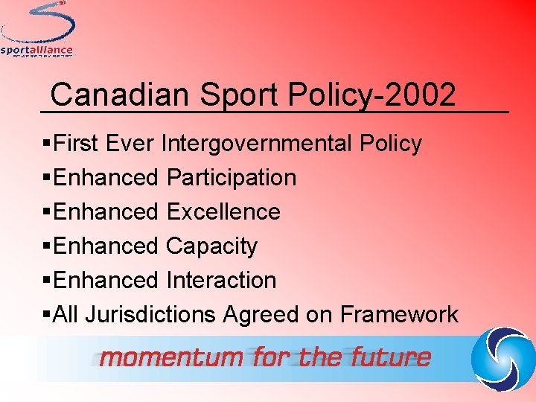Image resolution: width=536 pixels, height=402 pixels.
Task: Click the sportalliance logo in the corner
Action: coord(37,30)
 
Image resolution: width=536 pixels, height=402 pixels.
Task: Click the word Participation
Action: coord(232,178)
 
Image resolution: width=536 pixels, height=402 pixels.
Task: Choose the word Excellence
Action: coord(223,212)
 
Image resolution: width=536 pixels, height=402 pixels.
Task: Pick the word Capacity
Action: coord(212,246)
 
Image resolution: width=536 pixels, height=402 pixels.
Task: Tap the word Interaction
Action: coord(222,281)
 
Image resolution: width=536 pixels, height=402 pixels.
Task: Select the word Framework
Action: coord(399,315)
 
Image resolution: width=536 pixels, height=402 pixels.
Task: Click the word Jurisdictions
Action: coord(151,315)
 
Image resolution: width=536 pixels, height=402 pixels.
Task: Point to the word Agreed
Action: coord(261,316)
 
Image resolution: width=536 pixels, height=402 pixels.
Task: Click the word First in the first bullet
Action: coord(77,143)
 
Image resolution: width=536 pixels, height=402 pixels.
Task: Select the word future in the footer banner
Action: coord(392,357)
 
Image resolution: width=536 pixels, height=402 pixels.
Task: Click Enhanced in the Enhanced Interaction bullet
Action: coord(106,281)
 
